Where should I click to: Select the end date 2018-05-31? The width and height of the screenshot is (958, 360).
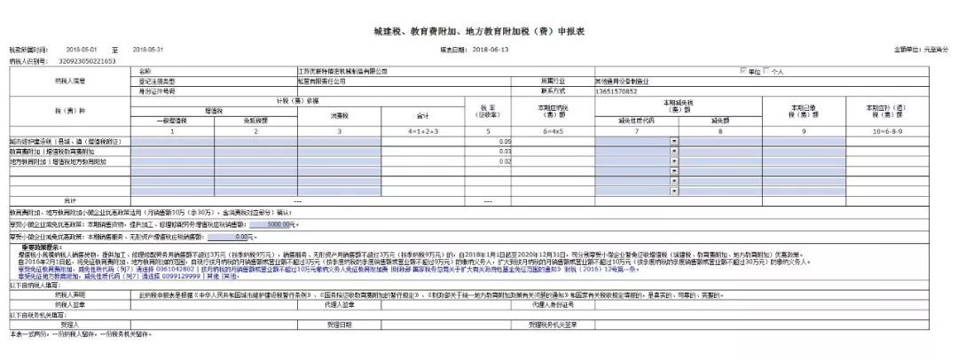point(148,50)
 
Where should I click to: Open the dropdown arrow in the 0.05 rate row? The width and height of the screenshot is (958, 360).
point(674,141)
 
